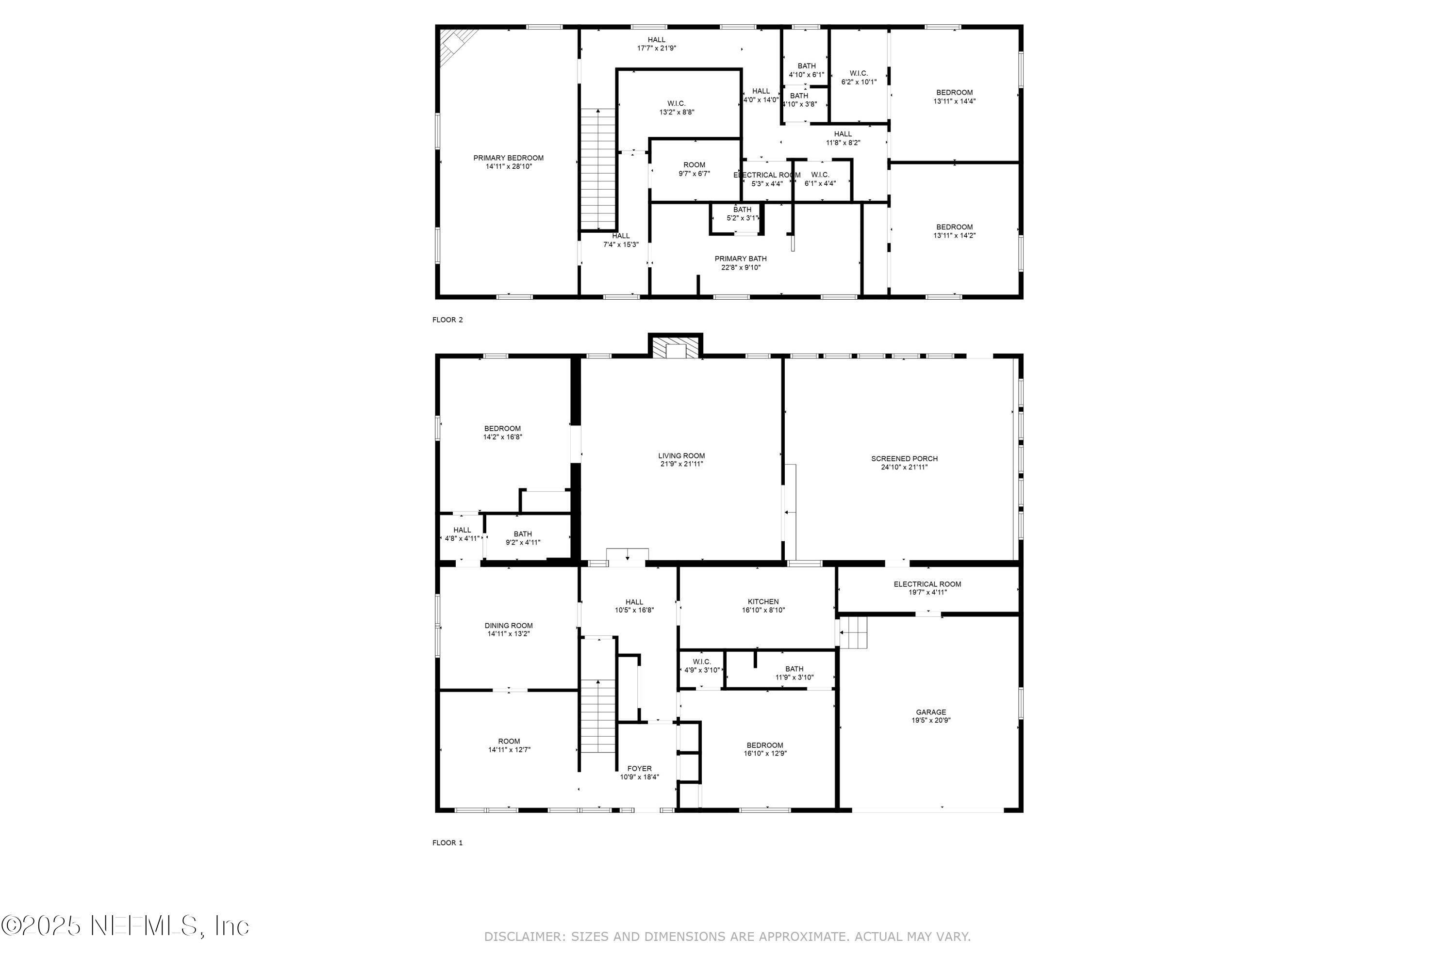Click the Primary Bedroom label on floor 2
[x=508, y=158]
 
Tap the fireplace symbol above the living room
[x=676, y=348]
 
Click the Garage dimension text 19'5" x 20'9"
[x=930, y=720]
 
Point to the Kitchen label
[x=762, y=601]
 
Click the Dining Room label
[x=508, y=626]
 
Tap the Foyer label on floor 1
[x=639, y=768]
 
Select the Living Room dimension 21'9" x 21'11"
[x=681, y=464]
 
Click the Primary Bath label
[x=741, y=259]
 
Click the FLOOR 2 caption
[x=447, y=320]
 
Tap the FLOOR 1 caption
[x=447, y=842]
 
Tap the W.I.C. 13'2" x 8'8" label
[x=676, y=108]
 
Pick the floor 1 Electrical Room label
[x=927, y=584]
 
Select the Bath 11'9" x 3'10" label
[x=794, y=673]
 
